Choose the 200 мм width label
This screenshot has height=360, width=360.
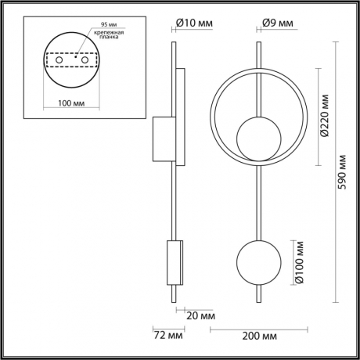coord(259,336)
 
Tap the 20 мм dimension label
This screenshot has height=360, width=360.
coord(202,316)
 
